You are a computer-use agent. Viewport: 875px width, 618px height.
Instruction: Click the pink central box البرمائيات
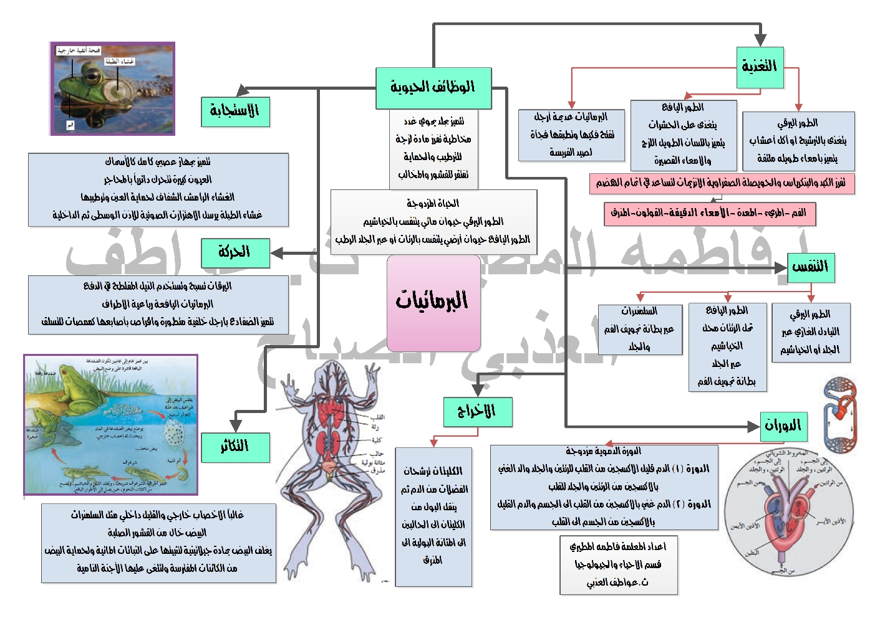433,303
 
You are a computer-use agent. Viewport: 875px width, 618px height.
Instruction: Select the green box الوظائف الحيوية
433,88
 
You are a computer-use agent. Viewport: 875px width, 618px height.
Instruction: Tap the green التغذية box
759,67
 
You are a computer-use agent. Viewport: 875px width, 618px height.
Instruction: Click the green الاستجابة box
235,112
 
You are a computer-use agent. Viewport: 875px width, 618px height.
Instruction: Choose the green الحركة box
234,253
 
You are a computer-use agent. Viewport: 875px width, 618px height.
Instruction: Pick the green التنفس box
810,267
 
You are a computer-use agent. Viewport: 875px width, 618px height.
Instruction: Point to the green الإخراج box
477,412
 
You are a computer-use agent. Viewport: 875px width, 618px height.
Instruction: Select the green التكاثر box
235,447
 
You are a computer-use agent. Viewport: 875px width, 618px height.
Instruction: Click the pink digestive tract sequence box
709,214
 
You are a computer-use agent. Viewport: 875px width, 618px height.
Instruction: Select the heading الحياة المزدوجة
433,203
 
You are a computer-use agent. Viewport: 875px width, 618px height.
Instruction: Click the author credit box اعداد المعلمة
618,564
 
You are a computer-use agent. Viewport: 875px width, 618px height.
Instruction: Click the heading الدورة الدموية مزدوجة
604,450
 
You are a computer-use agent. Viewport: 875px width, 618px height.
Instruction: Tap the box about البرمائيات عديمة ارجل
571,135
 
